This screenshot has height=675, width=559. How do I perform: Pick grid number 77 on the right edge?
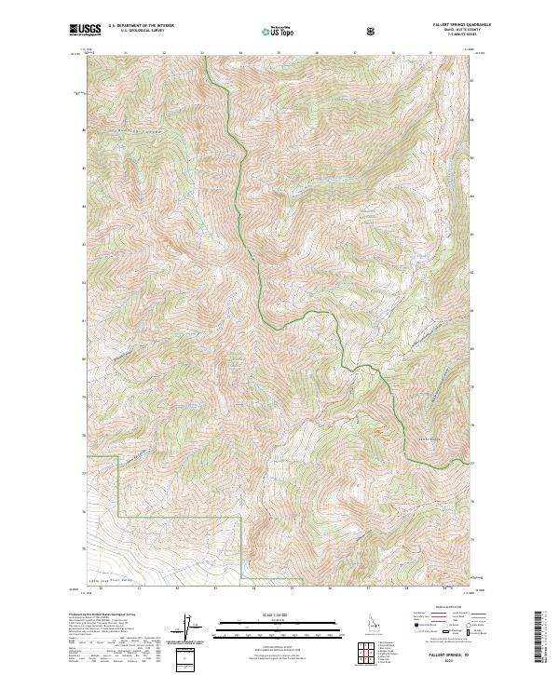[471, 463]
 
